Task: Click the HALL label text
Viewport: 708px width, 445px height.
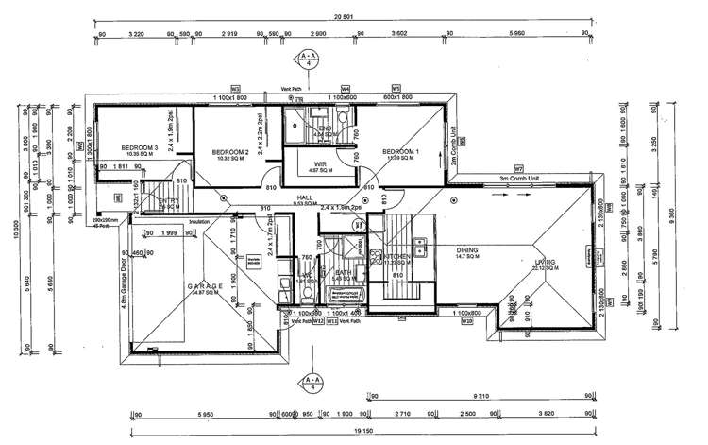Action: (x=305, y=197)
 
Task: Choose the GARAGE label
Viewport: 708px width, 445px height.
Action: (x=204, y=284)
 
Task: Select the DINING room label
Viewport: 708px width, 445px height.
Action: (x=465, y=251)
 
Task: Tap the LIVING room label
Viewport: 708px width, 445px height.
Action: (x=543, y=262)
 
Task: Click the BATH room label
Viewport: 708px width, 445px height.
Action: (x=341, y=273)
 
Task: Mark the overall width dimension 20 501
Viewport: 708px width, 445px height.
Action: (x=343, y=16)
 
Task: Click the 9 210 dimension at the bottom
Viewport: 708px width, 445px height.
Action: (x=482, y=398)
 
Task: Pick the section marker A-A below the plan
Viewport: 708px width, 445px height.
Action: (x=312, y=383)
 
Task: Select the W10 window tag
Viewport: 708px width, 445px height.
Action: (x=466, y=321)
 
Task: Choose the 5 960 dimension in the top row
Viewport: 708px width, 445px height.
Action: (x=515, y=33)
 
